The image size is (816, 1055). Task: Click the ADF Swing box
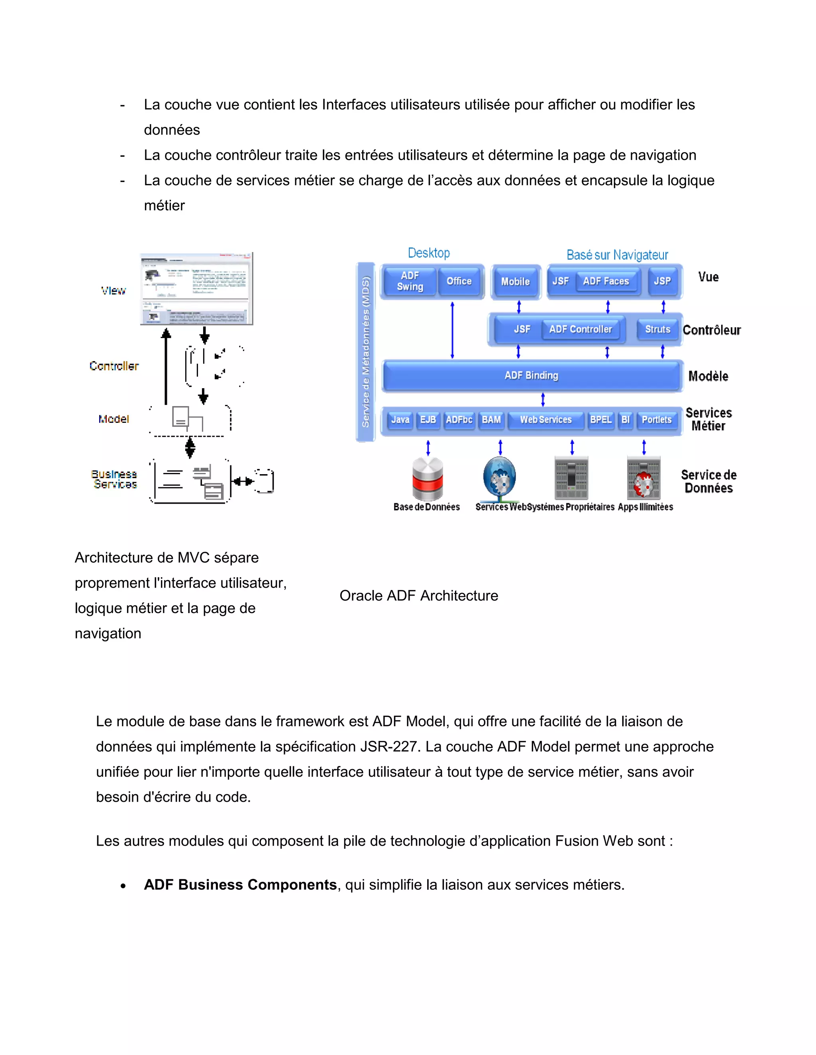pos(410,281)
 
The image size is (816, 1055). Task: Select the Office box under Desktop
pos(459,281)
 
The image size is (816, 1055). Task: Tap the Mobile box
pos(515,281)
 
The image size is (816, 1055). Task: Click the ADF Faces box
pos(606,281)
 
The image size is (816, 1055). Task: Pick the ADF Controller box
pos(580,330)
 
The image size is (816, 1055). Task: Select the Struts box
pos(657,330)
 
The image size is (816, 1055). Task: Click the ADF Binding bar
pos(531,376)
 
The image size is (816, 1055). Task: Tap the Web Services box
pos(546,420)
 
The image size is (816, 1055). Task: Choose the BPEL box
pos(601,420)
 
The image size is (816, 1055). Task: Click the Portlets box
pos(657,420)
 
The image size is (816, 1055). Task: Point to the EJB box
pos(428,420)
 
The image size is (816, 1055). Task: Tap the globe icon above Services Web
pos(499,478)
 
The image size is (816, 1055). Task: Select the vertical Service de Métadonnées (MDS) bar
pos(366,352)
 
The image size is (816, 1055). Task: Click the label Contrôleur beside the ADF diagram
pos(711,330)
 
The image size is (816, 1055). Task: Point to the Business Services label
pos(115,479)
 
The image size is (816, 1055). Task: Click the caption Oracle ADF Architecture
pos(419,596)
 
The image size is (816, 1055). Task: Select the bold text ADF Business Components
pos(240,885)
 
